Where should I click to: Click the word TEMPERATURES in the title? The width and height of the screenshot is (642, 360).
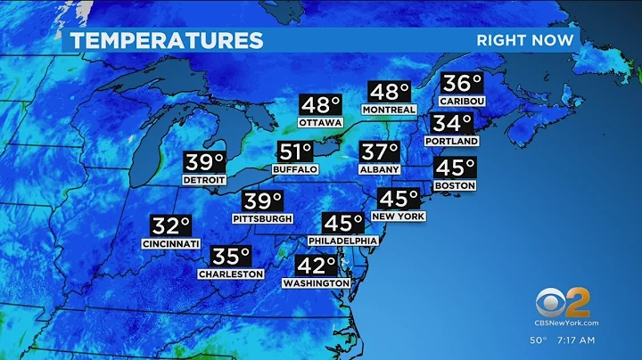pos(168,40)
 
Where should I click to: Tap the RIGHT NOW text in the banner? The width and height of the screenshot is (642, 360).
pos(527,40)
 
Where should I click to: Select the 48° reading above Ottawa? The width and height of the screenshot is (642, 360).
pos(320,106)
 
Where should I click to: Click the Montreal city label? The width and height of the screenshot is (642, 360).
pos(389,110)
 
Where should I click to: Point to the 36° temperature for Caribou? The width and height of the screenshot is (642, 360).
pos(462,85)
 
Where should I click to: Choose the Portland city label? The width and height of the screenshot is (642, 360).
pos(452,141)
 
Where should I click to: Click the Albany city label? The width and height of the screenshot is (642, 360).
pos(380,169)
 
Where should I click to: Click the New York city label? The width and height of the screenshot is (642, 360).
pos(399,217)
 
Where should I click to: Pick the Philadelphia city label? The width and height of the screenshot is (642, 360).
pos(343,241)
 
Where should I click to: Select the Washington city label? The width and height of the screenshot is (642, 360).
pos(316,282)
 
